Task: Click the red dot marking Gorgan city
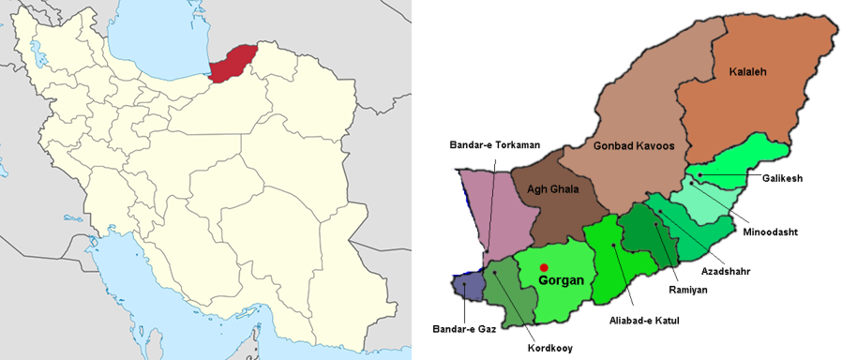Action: (544, 267)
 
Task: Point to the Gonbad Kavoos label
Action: (634, 145)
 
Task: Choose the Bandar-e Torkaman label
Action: (489, 144)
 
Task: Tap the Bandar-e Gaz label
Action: (463, 329)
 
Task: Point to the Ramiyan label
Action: (688, 291)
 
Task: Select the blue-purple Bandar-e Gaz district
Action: (467, 286)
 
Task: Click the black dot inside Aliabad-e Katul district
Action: (613, 246)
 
